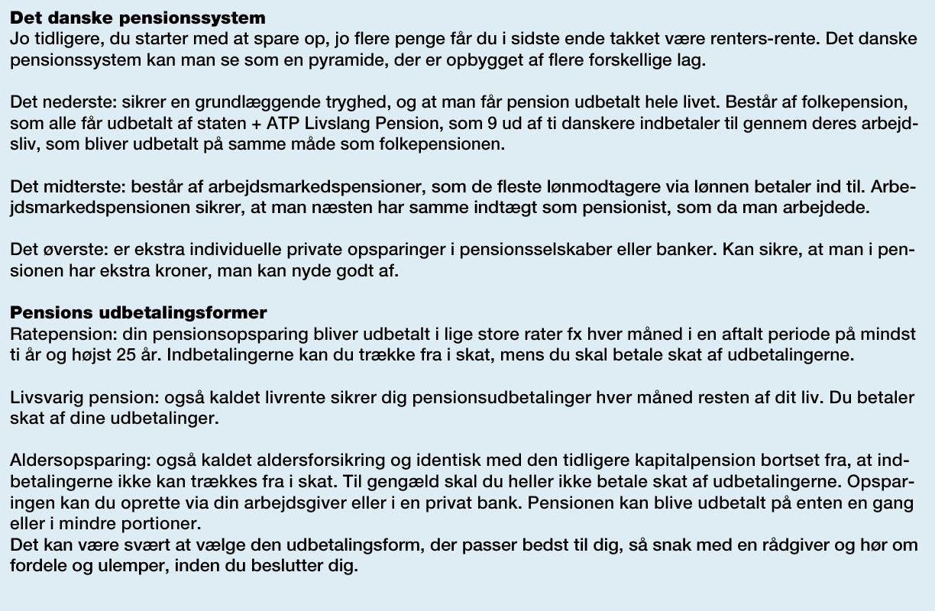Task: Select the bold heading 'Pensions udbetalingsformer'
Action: (x=138, y=313)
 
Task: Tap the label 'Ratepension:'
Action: (x=57, y=335)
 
